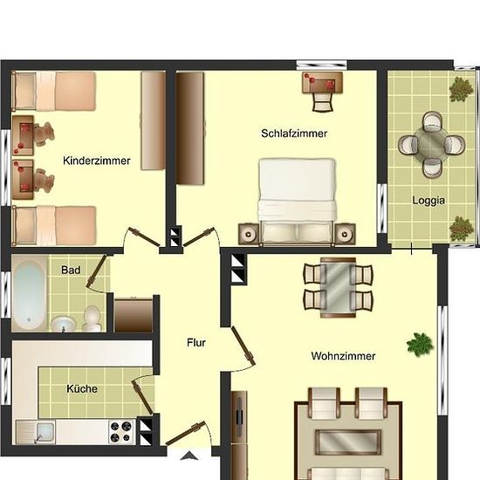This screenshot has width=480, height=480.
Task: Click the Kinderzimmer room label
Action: [x=96, y=161]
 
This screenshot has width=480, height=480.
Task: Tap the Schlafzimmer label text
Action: [x=294, y=134]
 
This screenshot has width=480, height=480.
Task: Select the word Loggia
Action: [x=429, y=201]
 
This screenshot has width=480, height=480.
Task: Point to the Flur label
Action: [x=195, y=343]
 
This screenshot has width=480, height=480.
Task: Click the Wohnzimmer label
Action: [x=343, y=356]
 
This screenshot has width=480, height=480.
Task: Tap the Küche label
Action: [x=82, y=388]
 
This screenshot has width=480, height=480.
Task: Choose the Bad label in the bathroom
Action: [x=71, y=270]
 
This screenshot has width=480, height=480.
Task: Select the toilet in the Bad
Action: [x=92, y=319]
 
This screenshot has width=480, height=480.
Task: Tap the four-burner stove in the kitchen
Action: [x=121, y=431]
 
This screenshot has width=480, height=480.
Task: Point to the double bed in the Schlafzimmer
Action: [x=297, y=202]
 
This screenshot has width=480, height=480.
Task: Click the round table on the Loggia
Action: [x=432, y=144]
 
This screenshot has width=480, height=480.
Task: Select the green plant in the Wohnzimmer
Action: [x=420, y=344]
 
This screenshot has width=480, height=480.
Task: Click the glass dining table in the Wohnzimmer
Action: [x=338, y=288]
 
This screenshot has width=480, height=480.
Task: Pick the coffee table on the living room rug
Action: [x=348, y=442]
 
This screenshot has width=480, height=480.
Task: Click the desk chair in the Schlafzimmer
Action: [x=322, y=102]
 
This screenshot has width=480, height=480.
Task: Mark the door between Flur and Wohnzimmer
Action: [x=243, y=346]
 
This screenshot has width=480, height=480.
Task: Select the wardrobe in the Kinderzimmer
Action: [x=153, y=120]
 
